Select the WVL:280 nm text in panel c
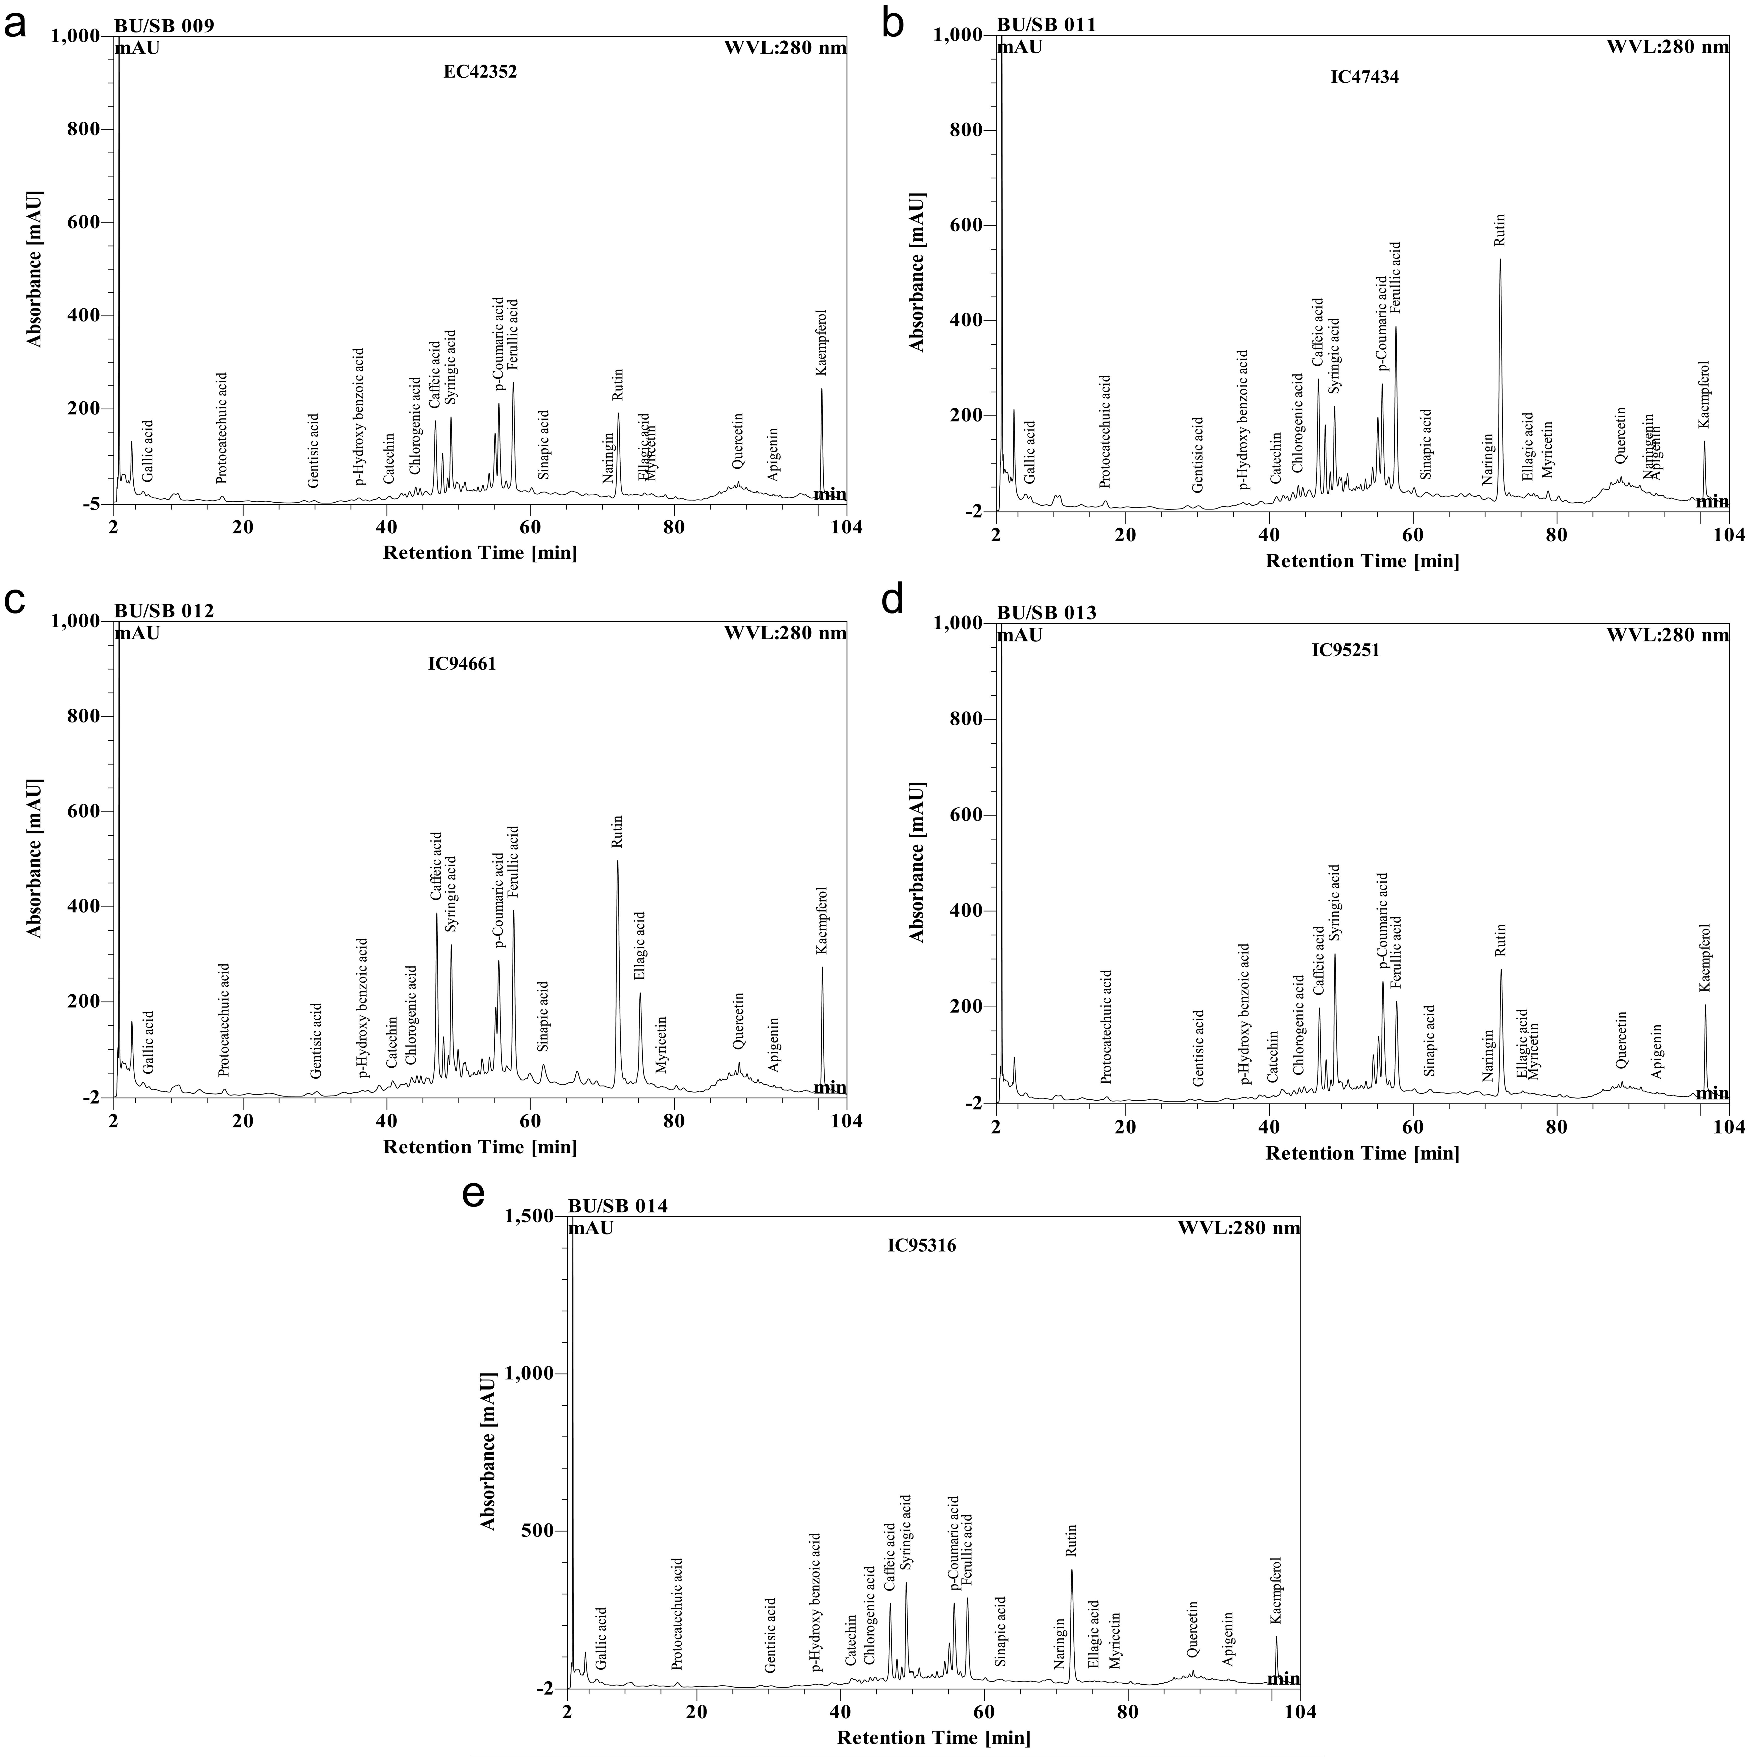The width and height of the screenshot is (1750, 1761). (x=785, y=633)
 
